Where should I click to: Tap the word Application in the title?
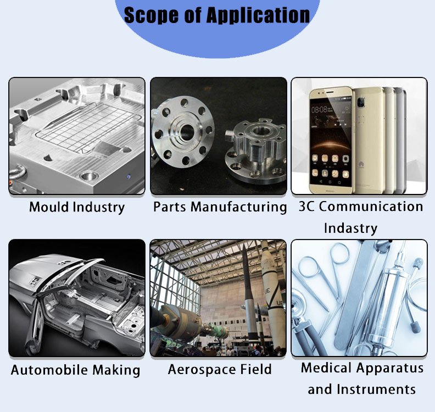258,15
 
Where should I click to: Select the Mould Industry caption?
77,207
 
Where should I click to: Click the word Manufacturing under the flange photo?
239,207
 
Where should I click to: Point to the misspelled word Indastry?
350,229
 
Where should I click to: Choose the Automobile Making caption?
75,370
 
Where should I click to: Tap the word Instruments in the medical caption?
376,389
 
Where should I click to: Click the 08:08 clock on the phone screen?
319,109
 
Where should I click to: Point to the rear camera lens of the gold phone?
360,102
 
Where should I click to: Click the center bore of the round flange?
187,132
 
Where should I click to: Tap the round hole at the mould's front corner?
89,176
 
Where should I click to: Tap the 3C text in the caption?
306,207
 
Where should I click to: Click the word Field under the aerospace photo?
256,370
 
